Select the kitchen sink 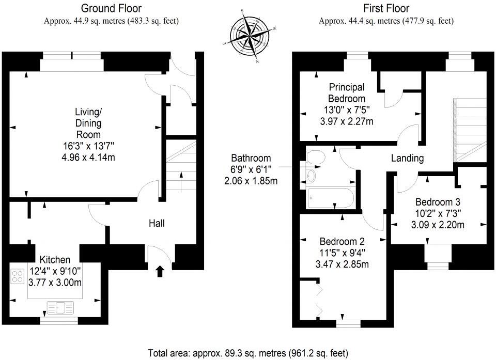pyautogui.click(x=61, y=307)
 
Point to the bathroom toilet pyautogui.click(x=316, y=158)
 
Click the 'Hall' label pyautogui.click(x=157, y=223)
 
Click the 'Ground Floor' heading pyautogui.click(x=112, y=8)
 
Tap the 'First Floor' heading pyautogui.click(x=386, y=8)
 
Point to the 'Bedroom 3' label pyautogui.click(x=438, y=202)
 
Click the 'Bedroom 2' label pyautogui.click(x=342, y=241)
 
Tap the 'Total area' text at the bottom pyautogui.click(x=247, y=353)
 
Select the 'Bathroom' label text pyautogui.click(x=251, y=158)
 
